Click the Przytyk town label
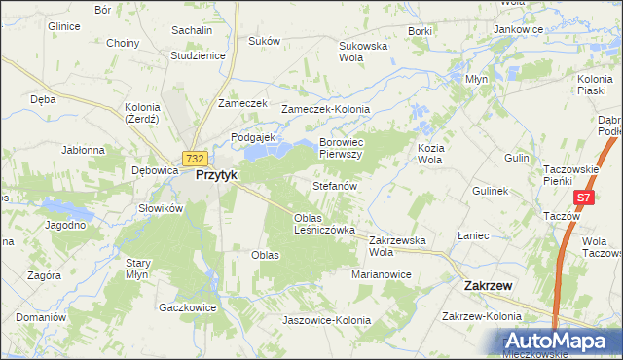(217, 176)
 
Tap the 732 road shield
(195, 159)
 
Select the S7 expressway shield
(582, 198)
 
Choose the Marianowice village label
(382, 274)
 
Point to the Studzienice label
(198, 55)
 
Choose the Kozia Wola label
(430, 153)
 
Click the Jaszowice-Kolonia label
(321, 319)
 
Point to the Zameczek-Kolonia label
(319, 109)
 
